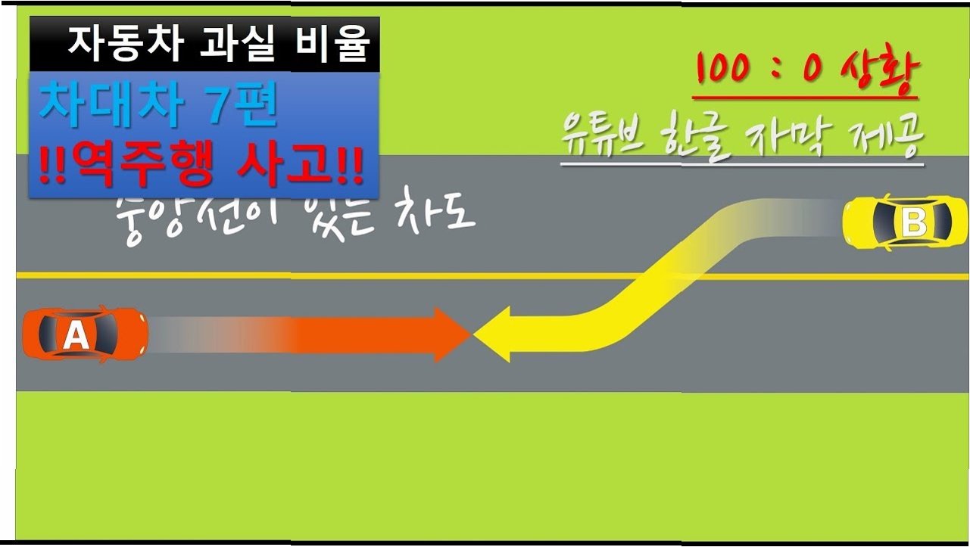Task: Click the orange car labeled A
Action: click(x=84, y=334)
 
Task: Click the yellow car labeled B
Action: click(x=906, y=222)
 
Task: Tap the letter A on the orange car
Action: click(x=76, y=335)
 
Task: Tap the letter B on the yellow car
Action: click(x=914, y=223)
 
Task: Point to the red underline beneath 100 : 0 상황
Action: click(x=804, y=98)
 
